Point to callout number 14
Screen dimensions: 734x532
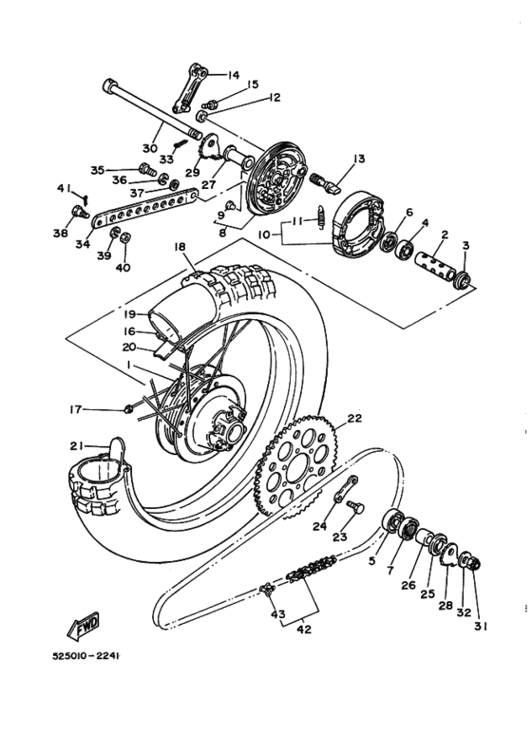(234, 75)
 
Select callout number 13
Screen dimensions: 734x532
(359, 159)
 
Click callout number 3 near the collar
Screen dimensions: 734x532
(465, 245)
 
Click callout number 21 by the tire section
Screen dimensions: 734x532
(75, 445)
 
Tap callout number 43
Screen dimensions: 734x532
(277, 614)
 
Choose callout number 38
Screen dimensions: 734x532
(61, 234)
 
